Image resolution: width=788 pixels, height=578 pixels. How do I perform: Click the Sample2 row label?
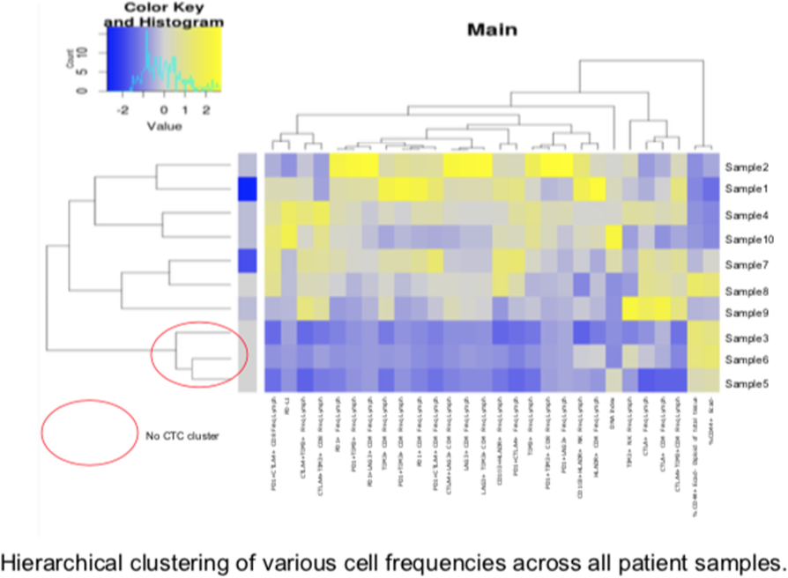746,167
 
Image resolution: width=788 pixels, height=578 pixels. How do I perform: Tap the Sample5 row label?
746,384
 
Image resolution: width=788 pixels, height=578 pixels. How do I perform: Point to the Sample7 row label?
746,263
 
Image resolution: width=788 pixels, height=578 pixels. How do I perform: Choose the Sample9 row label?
746,312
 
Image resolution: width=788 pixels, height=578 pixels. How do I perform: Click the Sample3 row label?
746,337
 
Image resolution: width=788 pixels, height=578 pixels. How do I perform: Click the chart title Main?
492,31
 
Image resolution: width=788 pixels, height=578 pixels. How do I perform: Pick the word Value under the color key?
164,126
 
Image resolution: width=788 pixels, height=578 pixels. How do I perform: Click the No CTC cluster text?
182,435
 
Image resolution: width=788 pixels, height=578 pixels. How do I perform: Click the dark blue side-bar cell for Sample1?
248,190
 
